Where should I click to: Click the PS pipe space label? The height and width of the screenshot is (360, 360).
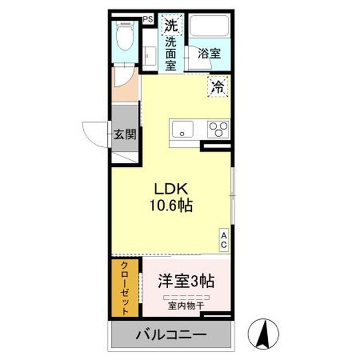(148, 19)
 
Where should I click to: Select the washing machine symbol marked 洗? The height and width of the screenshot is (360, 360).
(172, 25)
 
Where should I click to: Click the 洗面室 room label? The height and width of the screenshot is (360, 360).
(171, 54)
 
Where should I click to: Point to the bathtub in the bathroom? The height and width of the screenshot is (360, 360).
(209, 26)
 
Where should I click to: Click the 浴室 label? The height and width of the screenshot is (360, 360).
(209, 53)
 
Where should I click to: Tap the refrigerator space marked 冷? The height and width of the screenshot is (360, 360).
(218, 87)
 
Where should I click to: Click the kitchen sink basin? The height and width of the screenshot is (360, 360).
(182, 129)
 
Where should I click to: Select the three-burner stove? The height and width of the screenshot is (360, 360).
(218, 129)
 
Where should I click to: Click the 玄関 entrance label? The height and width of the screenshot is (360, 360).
(125, 134)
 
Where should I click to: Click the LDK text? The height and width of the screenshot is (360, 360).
(171, 189)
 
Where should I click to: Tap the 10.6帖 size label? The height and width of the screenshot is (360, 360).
(171, 205)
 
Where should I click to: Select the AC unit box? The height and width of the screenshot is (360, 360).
(224, 240)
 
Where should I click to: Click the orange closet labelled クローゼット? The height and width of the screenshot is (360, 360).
(125, 288)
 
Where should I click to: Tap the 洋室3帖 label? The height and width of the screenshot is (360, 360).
(186, 281)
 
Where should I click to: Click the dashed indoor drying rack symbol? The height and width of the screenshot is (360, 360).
(186, 298)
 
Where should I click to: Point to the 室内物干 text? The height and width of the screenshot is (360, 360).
(186, 306)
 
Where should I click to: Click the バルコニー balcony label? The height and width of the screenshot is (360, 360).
(171, 335)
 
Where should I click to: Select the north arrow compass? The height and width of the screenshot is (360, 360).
(263, 334)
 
